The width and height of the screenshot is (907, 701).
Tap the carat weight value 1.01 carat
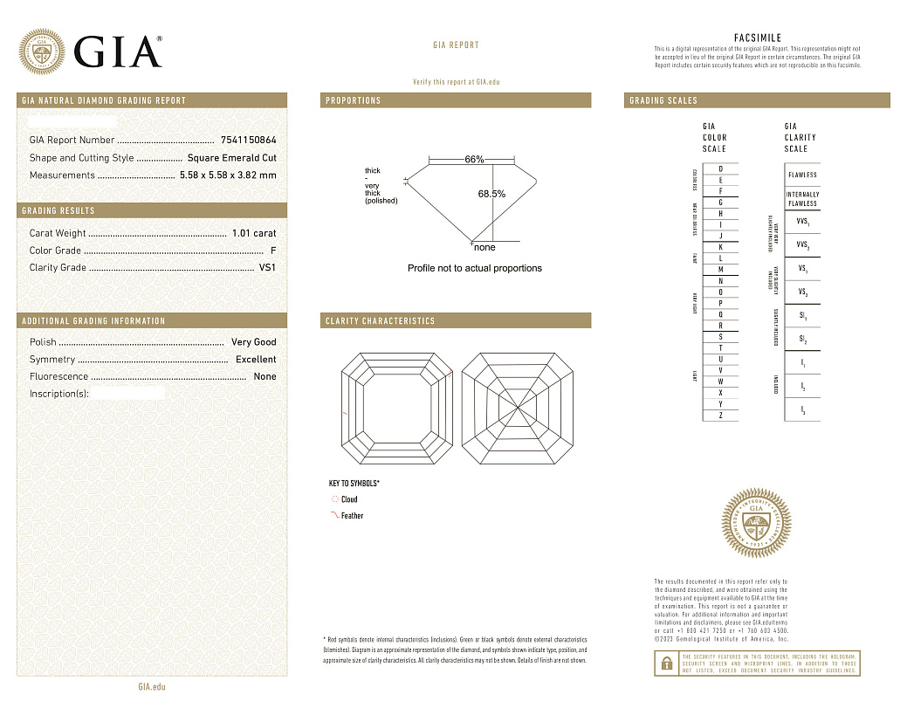click(254, 233)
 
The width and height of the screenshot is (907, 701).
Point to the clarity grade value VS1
click(267, 268)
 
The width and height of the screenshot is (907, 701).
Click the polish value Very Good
click(253, 342)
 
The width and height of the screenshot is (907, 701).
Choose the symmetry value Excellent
click(256, 360)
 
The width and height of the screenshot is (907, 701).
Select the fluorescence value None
click(265, 377)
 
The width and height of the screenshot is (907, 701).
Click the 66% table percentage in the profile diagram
click(474, 160)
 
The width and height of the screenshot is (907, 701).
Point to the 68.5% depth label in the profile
click(491, 194)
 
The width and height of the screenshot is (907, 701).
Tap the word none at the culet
click(484, 248)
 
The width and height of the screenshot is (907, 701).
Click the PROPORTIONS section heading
click(354, 101)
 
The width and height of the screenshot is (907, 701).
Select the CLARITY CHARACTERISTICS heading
click(380, 321)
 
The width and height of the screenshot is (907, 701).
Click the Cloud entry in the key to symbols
click(348, 499)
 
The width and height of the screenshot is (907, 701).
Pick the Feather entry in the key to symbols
click(352, 516)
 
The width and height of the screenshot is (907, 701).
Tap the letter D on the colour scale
click(720, 168)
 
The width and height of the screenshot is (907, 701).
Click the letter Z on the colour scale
click(720, 416)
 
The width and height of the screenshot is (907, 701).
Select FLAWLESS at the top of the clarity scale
click(802, 175)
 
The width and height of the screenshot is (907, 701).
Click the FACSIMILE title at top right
click(757, 38)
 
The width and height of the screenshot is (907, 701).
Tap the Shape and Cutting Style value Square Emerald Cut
click(231, 158)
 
